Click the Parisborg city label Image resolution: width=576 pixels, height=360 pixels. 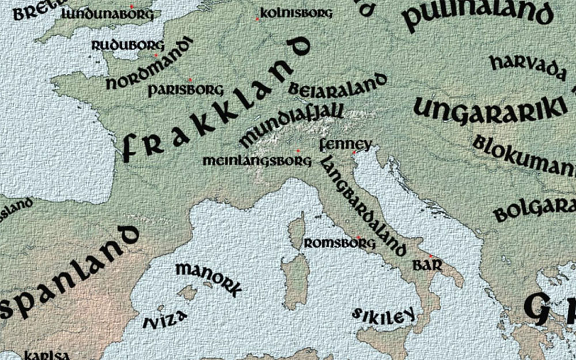pos(185,90)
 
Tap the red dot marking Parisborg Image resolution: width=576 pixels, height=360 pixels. pos(190,80)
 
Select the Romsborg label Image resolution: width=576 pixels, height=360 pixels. pos(339,243)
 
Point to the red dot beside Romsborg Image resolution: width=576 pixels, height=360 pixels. pos(358,237)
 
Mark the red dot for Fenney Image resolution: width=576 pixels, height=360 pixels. pos(354,153)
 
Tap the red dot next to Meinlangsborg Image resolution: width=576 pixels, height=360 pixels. pos(298,151)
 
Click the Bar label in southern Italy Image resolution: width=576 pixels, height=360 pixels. pos(427,266)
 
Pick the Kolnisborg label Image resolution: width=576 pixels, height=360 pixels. pos(296,13)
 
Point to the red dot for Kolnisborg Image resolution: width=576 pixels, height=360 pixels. pos(257,20)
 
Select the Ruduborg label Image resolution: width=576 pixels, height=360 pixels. pos(128,45)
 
